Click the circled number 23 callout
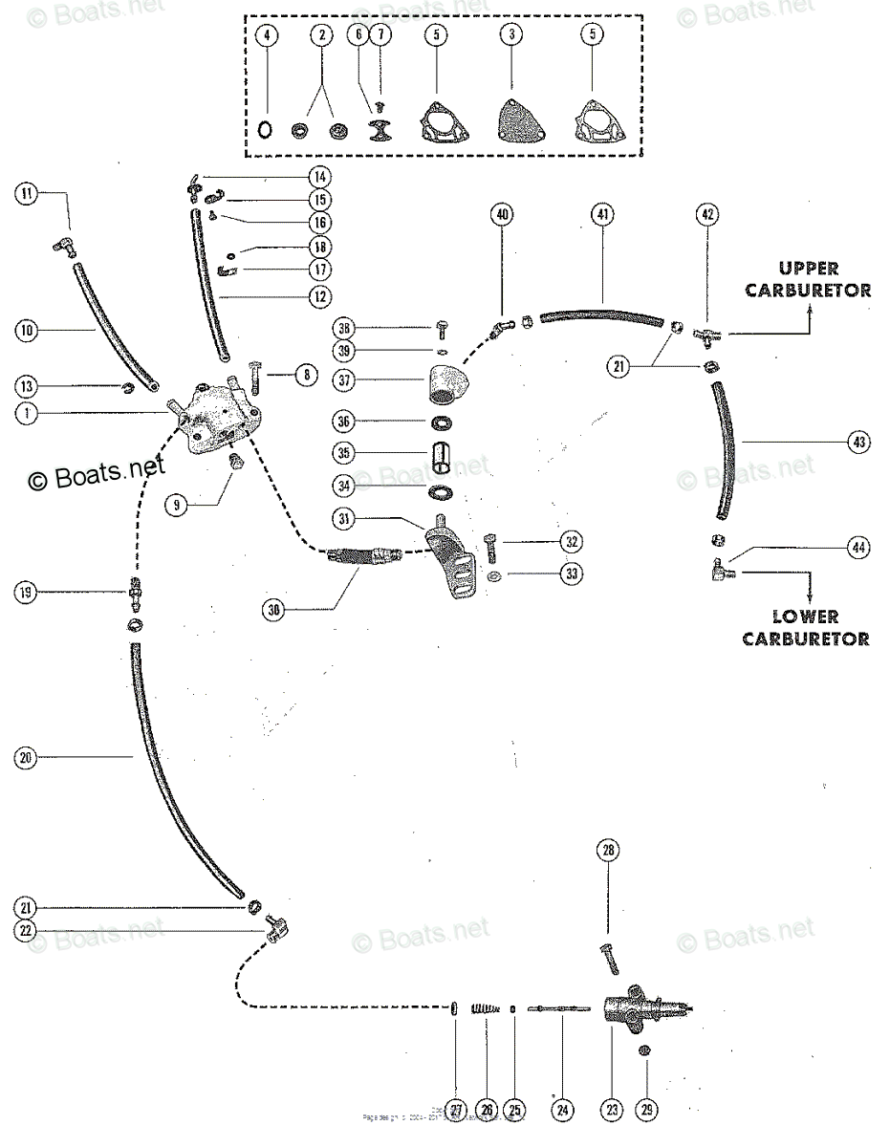point(611,1110)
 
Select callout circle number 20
point(26,758)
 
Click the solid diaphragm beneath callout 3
point(512,123)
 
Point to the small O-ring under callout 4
point(267,129)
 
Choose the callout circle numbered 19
point(27,594)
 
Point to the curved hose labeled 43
point(725,446)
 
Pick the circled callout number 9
point(175,506)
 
